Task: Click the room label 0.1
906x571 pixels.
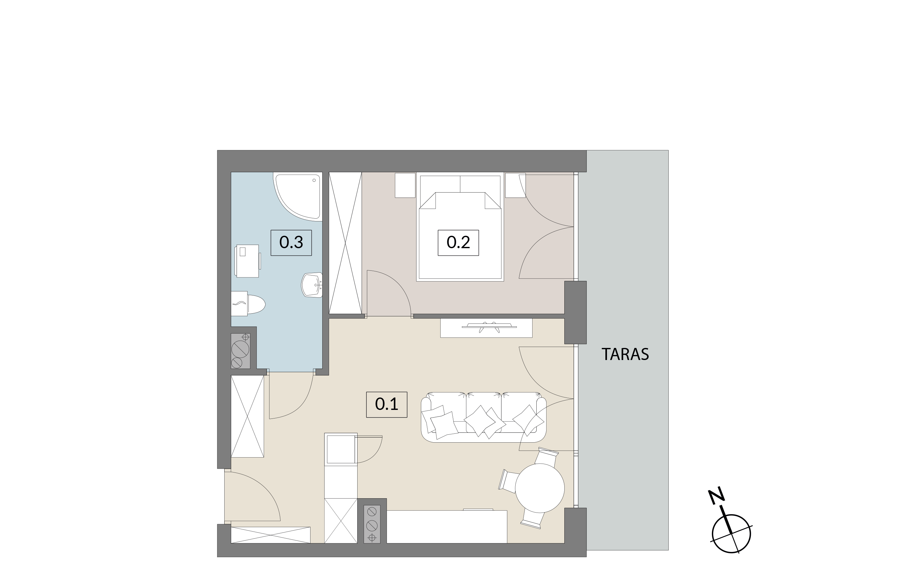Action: [387, 404]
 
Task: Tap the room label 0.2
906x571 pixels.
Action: [458, 243]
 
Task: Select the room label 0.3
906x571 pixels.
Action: [291, 243]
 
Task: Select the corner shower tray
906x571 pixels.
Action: [298, 196]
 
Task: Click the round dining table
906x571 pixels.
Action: [540, 488]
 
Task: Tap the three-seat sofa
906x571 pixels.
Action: [484, 417]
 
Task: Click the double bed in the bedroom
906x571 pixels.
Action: [460, 227]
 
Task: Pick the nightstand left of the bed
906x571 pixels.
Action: [405, 185]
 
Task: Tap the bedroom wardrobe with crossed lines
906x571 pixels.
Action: [345, 243]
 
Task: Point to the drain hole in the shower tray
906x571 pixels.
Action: [314, 180]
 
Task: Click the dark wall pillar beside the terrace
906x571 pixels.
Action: [575, 312]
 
